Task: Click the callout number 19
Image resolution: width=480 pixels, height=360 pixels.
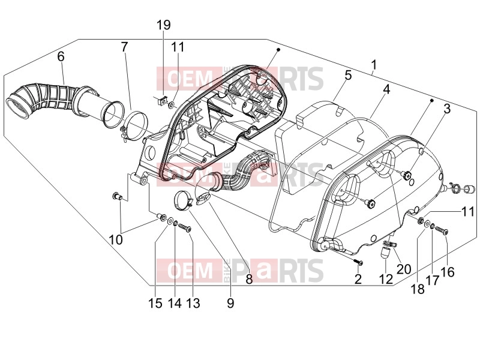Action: tap(164, 25)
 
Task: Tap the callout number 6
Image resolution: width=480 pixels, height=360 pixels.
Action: tap(61, 56)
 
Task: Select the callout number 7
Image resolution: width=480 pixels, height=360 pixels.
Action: tap(124, 47)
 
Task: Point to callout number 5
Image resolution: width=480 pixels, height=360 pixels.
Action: tap(348, 76)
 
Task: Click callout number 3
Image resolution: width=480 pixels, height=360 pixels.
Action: tap(447, 109)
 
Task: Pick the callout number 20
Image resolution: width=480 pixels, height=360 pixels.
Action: tap(404, 269)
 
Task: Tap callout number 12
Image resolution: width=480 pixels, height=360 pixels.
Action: tap(386, 279)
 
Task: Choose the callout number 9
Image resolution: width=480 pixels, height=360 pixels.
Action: tap(230, 303)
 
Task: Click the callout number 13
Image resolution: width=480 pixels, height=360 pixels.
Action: tap(193, 303)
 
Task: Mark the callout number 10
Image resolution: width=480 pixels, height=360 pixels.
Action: tap(116, 239)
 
